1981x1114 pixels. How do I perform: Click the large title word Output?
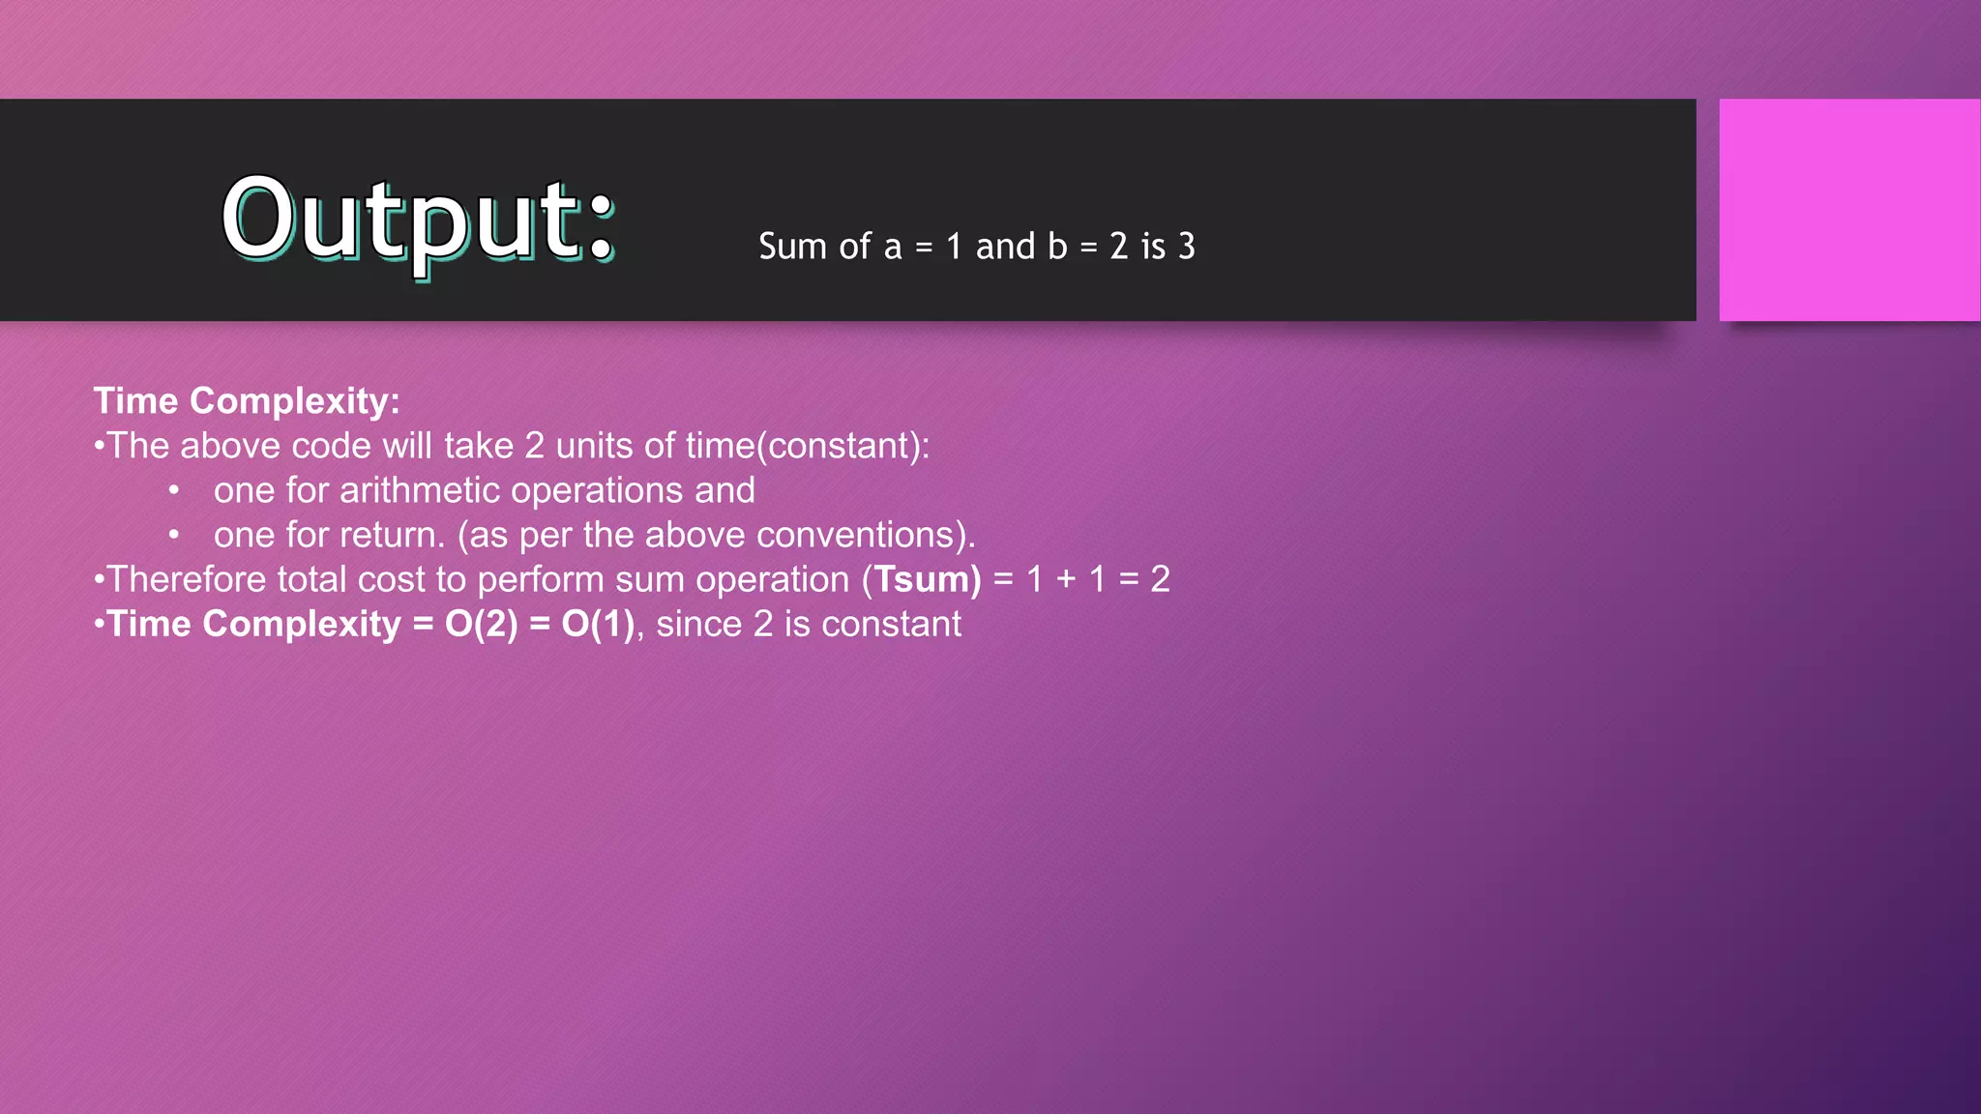pyautogui.click(x=418, y=220)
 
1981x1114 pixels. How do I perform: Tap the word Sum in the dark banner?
pyautogui.click(x=792, y=247)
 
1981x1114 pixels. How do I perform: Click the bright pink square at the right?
pyautogui.click(x=1848, y=210)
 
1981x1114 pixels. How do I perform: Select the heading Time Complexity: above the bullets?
pyautogui.click(x=247, y=401)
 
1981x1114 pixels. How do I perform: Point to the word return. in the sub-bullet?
pyautogui.click(x=399, y=535)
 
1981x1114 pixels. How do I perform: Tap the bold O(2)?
pyautogui.click(x=481, y=624)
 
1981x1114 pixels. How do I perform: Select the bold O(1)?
pyautogui.click(x=598, y=624)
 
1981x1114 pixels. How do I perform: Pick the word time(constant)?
pyautogui.click(x=808, y=446)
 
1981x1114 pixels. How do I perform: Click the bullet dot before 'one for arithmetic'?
pyautogui.click(x=174, y=490)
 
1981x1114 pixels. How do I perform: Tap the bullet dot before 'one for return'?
pyautogui.click(x=174, y=535)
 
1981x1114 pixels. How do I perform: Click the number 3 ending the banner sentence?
pyautogui.click(x=1186, y=247)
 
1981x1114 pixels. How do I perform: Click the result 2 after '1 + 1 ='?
pyautogui.click(x=1160, y=579)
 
